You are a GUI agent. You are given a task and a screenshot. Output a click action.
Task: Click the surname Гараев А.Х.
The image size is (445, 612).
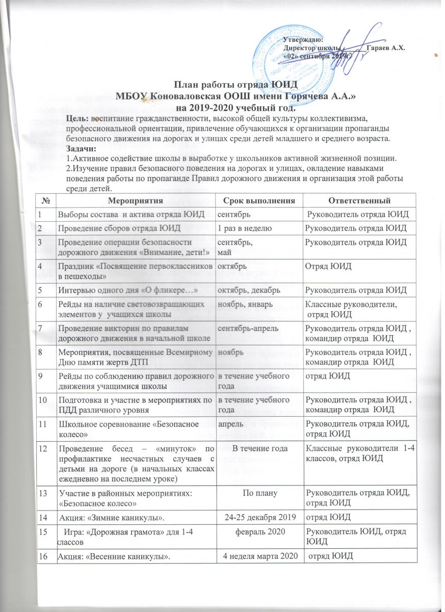tap(386, 47)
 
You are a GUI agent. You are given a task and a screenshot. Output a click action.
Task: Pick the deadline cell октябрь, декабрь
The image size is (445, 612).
tap(247, 291)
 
